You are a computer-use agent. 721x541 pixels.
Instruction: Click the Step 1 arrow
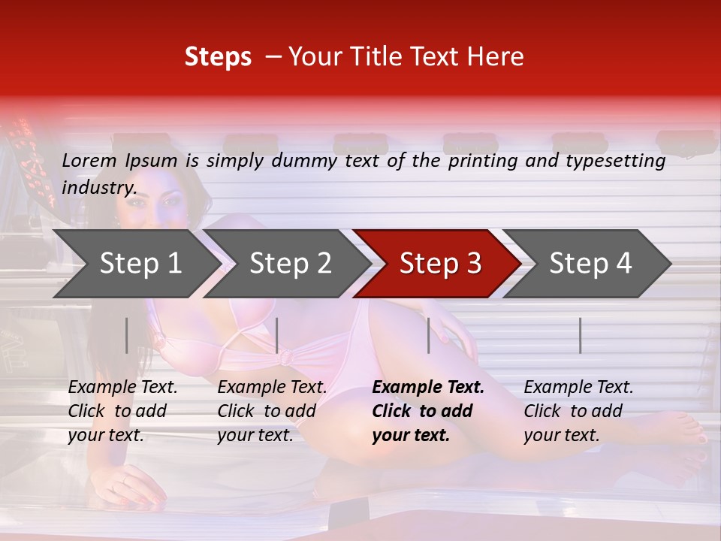(x=135, y=264)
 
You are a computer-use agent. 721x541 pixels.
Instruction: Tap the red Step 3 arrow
(x=439, y=264)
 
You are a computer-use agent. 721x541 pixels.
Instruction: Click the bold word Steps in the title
(x=218, y=57)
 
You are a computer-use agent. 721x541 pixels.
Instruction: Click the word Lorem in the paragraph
(x=89, y=160)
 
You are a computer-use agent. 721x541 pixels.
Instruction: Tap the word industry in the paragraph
(x=98, y=187)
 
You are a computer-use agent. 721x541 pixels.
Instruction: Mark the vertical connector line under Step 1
(x=127, y=335)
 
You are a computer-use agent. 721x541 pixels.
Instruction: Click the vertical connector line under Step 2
(x=277, y=335)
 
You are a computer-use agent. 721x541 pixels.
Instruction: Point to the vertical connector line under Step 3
(x=429, y=335)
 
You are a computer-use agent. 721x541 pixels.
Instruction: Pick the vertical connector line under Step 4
(x=581, y=335)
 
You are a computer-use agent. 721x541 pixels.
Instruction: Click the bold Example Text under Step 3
(x=428, y=388)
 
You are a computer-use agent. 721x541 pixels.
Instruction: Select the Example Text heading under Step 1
(x=123, y=388)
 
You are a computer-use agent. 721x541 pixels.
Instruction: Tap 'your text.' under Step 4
(x=562, y=435)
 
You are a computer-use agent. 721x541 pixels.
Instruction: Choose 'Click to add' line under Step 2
(x=267, y=411)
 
